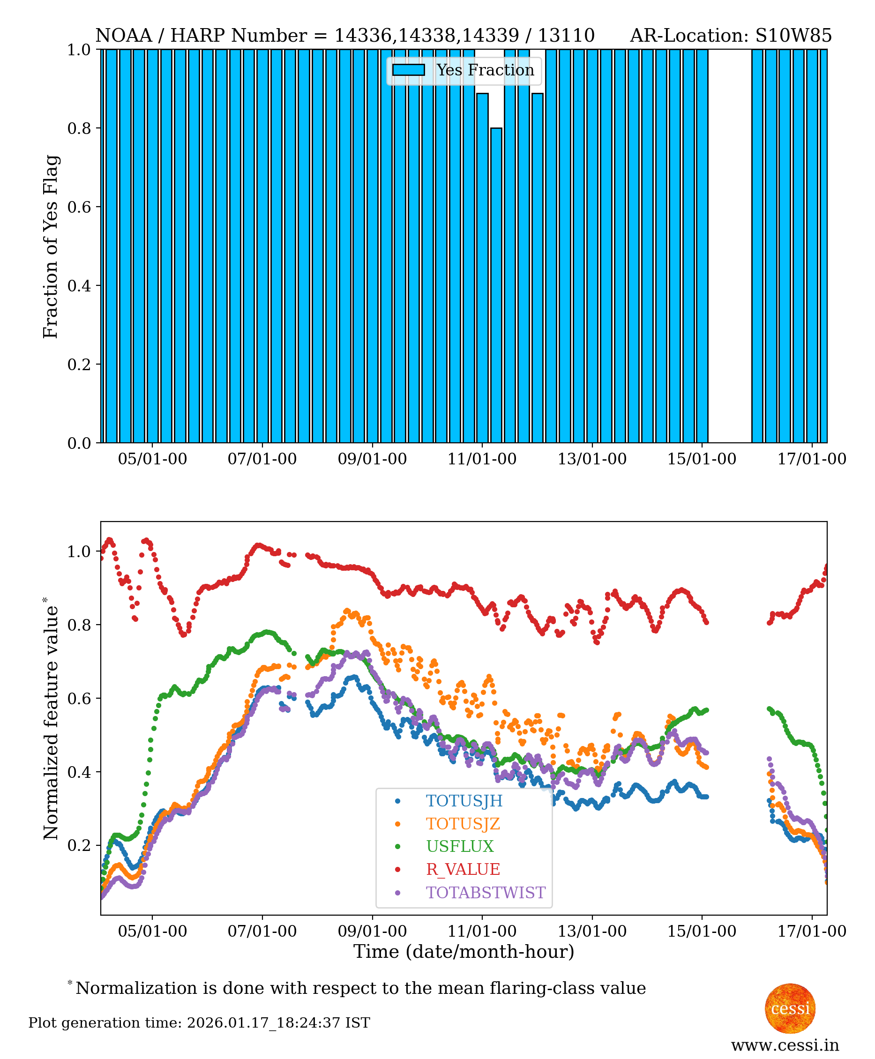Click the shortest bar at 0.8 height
coord(496,284)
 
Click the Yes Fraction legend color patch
coord(408,70)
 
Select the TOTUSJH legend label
coord(464,800)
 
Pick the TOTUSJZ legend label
coord(463,823)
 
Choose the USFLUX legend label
coord(460,846)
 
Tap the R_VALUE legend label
coord(463,869)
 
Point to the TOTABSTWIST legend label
coord(486,892)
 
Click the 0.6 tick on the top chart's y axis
coord(79,207)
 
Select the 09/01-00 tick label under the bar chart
coord(372,459)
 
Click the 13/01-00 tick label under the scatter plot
coord(592,931)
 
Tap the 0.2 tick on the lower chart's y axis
coord(79,845)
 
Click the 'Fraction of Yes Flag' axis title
coord(51,246)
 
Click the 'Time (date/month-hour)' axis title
coord(464,952)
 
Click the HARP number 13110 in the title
coord(566,36)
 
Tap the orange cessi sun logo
coord(790,1008)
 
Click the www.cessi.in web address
coord(785,1045)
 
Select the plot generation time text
coord(199,1023)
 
